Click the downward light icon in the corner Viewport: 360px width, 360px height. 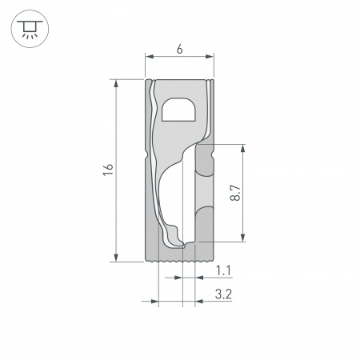point(29,29)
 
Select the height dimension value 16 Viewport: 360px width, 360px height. point(108,170)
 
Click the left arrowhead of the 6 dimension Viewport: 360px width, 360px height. point(149,58)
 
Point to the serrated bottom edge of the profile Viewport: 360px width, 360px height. point(180,260)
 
